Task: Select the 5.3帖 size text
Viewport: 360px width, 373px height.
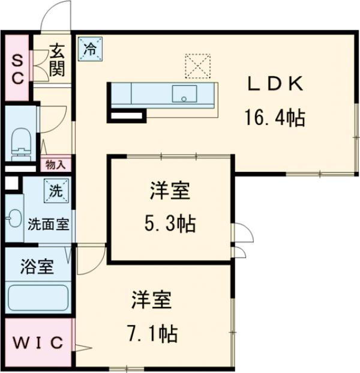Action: point(170,224)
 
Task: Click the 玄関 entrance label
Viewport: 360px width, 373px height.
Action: point(58,60)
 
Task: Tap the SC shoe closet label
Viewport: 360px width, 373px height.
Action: point(17,70)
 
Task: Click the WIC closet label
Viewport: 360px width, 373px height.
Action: point(38,344)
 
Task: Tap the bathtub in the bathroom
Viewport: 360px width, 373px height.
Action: point(37,297)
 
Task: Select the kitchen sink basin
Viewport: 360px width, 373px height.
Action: point(184,94)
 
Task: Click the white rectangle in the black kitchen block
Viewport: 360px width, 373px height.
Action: point(127,115)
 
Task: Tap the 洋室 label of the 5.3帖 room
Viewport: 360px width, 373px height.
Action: point(170,193)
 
